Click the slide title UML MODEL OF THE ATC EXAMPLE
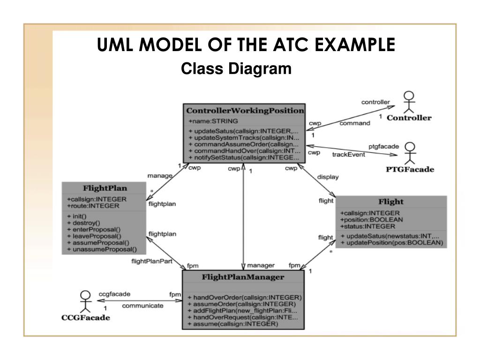pyautogui.click(x=246, y=45)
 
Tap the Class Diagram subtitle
pyautogui.click(x=236, y=69)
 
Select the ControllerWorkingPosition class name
pyautogui.click(x=245, y=111)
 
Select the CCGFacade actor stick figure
pyautogui.click(x=85, y=302)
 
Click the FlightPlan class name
pyautogui.click(x=105, y=188)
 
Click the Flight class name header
pyautogui.click(x=391, y=202)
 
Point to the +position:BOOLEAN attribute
pyautogui.click(x=372, y=219)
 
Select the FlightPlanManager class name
pyautogui.click(x=243, y=277)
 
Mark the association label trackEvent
pyautogui.click(x=349, y=155)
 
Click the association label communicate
pyautogui.click(x=143, y=306)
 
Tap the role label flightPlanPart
pyautogui.click(x=152, y=261)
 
